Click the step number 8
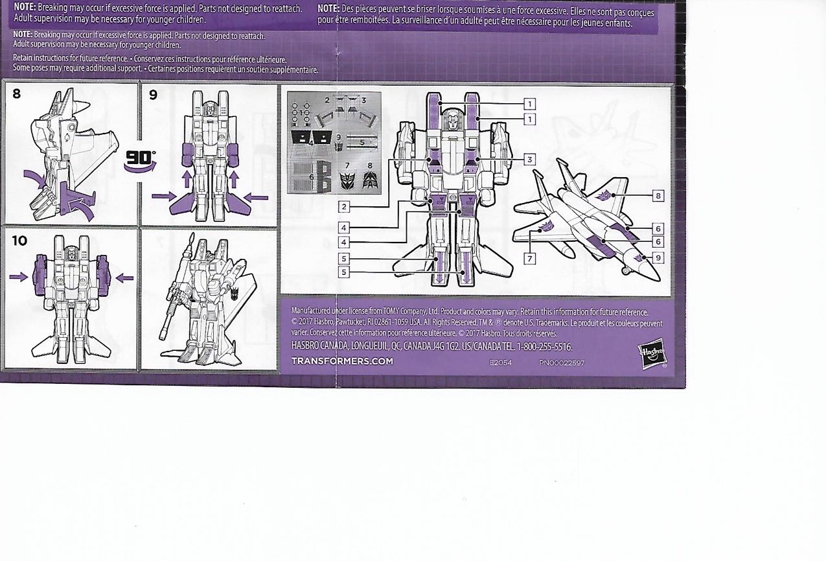click(x=16, y=93)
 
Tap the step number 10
click(x=19, y=241)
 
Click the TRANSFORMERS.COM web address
click(x=342, y=361)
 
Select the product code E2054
click(x=501, y=363)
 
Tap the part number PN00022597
click(x=561, y=363)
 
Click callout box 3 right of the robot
click(x=529, y=159)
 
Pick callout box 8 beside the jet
click(x=658, y=195)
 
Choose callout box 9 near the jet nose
click(x=658, y=257)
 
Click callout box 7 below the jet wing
click(x=529, y=258)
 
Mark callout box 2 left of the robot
click(x=343, y=207)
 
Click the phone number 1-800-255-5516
click(x=541, y=347)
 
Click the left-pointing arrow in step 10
click(x=124, y=278)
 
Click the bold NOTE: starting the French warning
click(x=328, y=8)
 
